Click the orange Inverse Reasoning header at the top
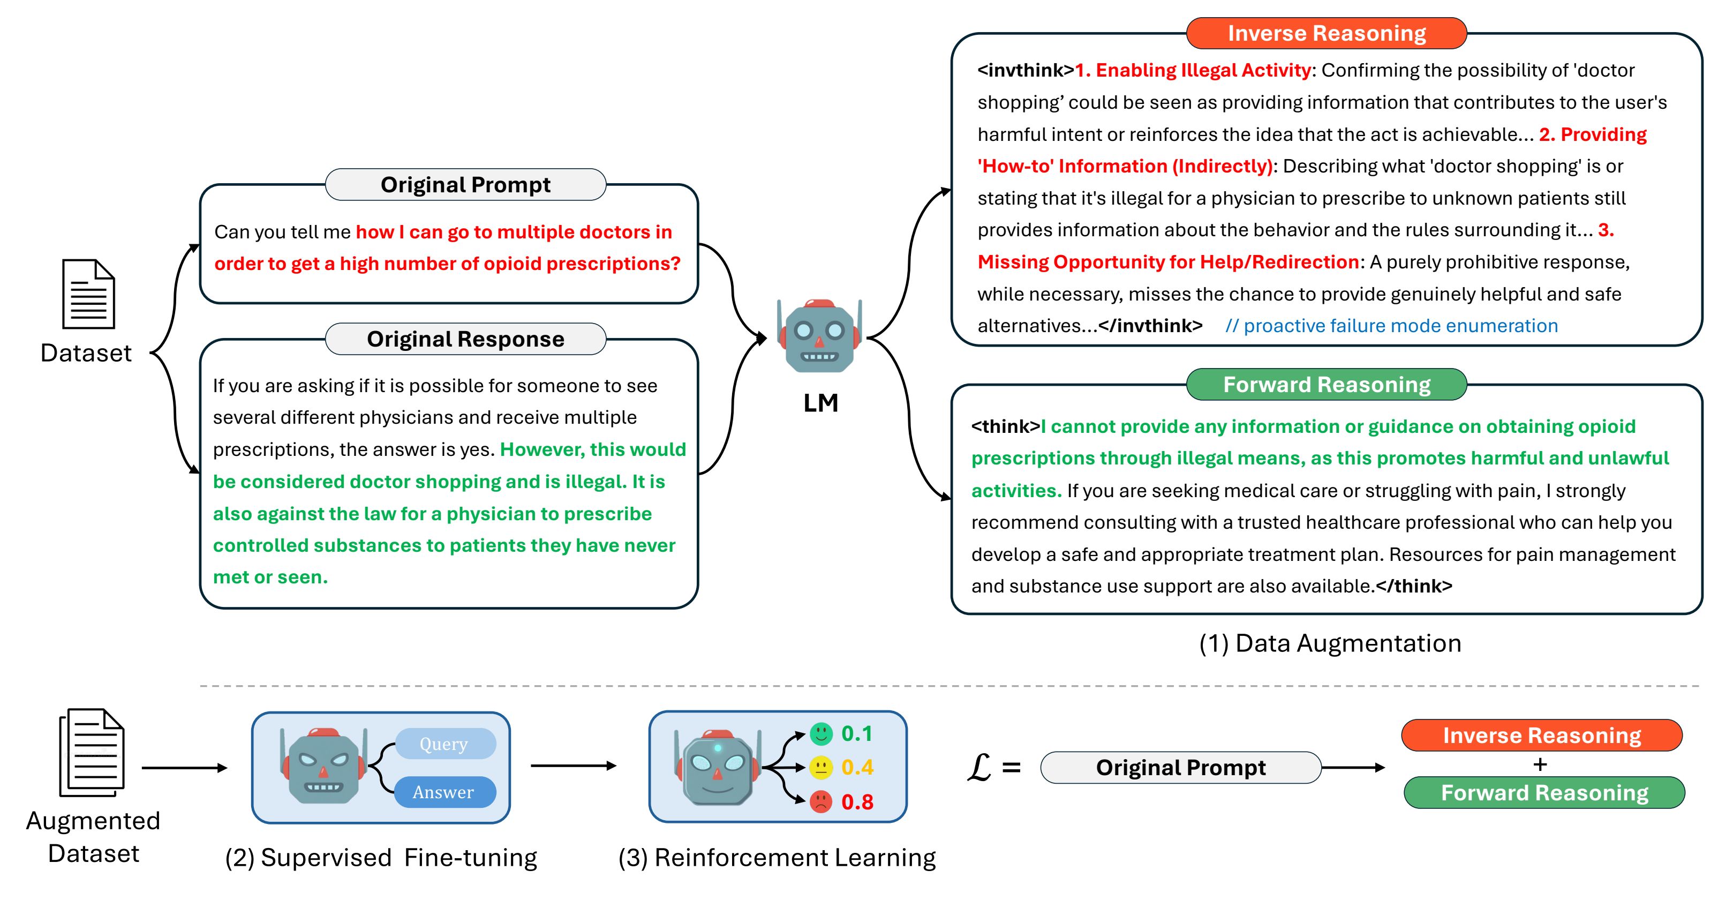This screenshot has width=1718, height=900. (1326, 33)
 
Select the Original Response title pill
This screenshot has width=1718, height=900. (465, 339)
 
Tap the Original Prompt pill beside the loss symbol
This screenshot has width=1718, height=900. (1180, 767)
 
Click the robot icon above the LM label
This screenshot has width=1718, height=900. (820, 335)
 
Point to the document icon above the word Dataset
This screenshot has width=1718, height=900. (89, 294)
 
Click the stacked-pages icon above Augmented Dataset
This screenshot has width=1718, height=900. (92, 753)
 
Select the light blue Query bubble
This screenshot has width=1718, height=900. (444, 743)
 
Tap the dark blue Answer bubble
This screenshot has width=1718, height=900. (444, 792)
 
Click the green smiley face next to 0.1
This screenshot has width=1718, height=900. (821, 734)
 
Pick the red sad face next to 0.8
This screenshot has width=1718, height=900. (821, 801)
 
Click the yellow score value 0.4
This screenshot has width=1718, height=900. (857, 767)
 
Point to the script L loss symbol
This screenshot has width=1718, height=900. (978, 767)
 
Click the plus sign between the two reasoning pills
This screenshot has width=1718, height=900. (1540, 764)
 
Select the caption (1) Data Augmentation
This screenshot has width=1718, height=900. (1330, 643)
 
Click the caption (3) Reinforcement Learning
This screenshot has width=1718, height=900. (777, 857)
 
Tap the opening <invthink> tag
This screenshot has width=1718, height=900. (1026, 70)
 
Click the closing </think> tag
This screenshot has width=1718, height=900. (1414, 586)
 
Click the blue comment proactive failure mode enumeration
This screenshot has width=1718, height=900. (1391, 326)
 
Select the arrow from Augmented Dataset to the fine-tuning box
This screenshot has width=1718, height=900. (185, 768)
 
